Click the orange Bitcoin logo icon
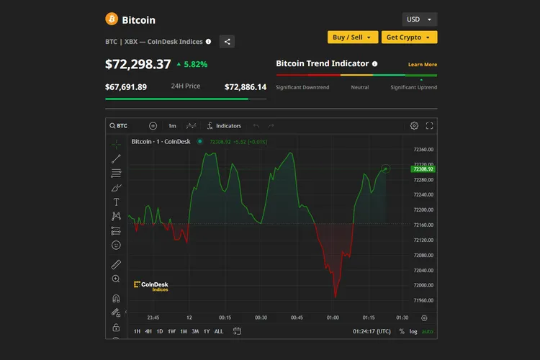[x=112, y=19]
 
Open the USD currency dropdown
[x=419, y=19]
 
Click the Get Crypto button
[x=408, y=37]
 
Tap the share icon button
[x=227, y=42]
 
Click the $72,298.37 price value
[x=138, y=64]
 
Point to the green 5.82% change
[x=192, y=64]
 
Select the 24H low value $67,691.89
[x=126, y=87]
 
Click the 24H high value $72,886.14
[x=246, y=87]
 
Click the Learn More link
[x=423, y=65]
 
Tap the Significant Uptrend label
[x=413, y=87]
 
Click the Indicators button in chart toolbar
[x=224, y=125]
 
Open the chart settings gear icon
[x=414, y=125]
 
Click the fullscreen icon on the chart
[x=430, y=125]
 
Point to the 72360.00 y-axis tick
[x=423, y=150]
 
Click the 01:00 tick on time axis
[x=333, y=318]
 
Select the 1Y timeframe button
[x=207, y=331]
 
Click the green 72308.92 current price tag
[x=422, y=168]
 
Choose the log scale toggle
[x=413, y=331]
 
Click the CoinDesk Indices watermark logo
[x=151, y=286]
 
